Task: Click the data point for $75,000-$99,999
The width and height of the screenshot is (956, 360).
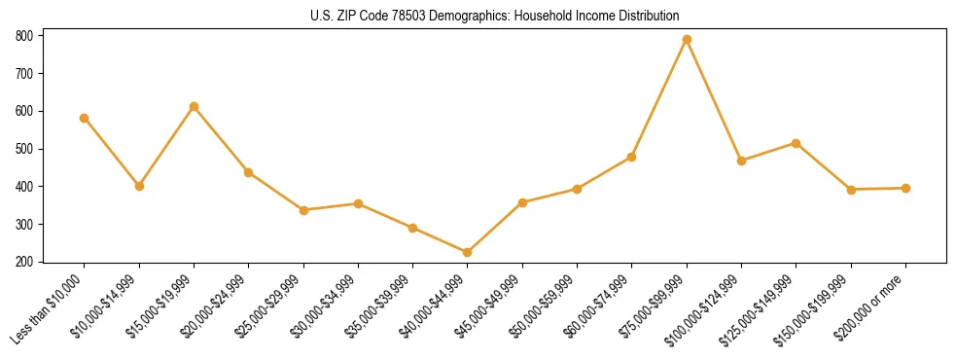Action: tap(687, 39)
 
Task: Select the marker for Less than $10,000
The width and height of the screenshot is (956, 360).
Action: tap(85, 118)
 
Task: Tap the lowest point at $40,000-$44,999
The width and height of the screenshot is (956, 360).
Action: tap(468, 252)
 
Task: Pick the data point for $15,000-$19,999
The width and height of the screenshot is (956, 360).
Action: tap(194, 106)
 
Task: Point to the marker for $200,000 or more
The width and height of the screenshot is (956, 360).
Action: tap(905, 188)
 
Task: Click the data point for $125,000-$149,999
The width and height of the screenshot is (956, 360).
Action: tap(797, 143)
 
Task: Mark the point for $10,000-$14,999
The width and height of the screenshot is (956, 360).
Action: tap(139, 186)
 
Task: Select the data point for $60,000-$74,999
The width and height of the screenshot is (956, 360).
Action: tap(632, 157)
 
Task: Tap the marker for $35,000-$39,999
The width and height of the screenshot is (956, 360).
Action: tap(413, 228)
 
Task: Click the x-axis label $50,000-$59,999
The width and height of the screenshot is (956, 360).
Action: tap(550, 304)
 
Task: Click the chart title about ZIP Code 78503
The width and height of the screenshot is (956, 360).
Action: tap(494, 17)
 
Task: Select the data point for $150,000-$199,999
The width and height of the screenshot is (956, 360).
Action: tap(851, 190)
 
